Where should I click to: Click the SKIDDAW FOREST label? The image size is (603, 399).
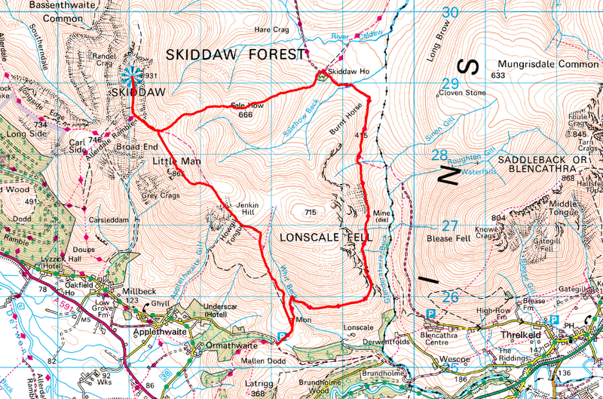tap(231, 55)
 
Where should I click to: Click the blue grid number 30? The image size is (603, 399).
tap(450, 13)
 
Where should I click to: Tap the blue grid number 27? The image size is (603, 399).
tap(450, 226)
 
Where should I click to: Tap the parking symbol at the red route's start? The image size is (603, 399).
tap(283, 336)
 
